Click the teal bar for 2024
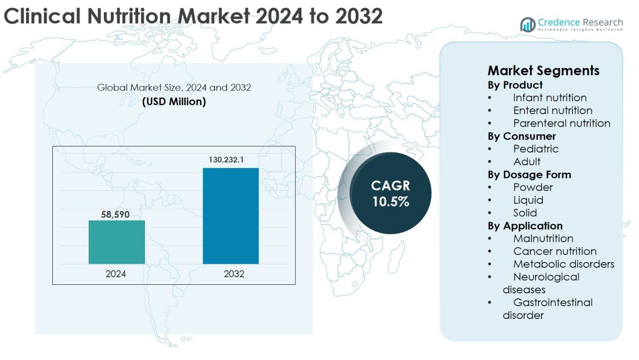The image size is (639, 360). [116, 242]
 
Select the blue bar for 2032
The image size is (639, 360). [230, 216]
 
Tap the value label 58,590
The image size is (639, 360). [115, 214]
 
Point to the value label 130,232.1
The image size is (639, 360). [226, 159]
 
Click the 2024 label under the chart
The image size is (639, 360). [116, 274]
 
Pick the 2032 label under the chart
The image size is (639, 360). [234, 274]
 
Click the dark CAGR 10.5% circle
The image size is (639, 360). [390, 193]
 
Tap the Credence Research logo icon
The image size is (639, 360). [528, 25]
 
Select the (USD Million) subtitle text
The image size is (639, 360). [174, 102]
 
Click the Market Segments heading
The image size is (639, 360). [543, 70]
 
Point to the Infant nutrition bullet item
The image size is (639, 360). [550, 98]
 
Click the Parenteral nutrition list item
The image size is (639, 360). [562, 123]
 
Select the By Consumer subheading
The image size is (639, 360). [521, 136]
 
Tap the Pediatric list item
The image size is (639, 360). [536, 149]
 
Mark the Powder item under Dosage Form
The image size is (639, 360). [532, 187]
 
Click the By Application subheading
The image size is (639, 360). [525, 226]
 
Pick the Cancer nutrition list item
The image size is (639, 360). [554, 251]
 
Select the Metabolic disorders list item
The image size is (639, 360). [563, 264]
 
